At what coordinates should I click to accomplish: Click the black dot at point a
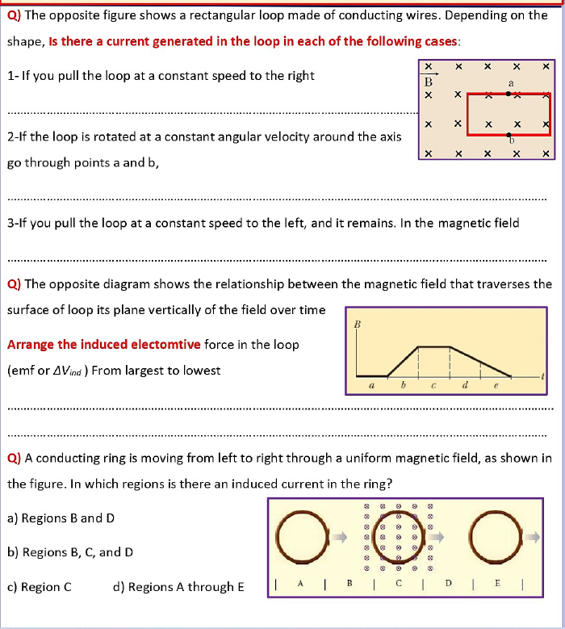point(508,94)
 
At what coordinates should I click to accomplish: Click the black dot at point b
point(508,135)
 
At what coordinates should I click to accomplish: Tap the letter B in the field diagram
point(429,82)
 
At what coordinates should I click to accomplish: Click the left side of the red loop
point(467,114)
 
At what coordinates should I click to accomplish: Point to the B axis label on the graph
point(356,324)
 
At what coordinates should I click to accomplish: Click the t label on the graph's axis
point(543,375)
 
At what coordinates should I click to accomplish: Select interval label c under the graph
point(433,386)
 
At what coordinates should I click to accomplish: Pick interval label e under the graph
point(496,387)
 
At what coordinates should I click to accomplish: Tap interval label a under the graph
point(370,386)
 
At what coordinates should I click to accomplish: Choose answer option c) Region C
point(40,587)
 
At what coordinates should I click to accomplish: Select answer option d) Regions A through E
point(178,587)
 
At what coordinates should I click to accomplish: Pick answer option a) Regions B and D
point(61,518)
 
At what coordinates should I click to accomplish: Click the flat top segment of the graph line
point(433,347)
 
